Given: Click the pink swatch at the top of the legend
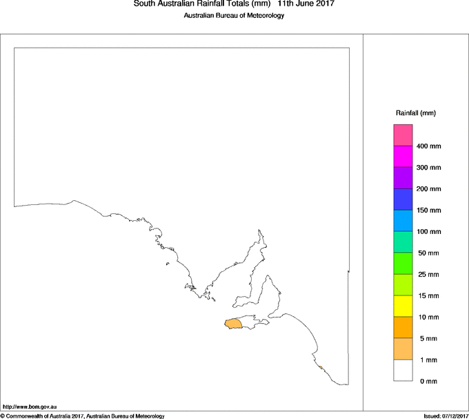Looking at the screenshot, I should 403,135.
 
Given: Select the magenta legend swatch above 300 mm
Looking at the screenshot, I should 403,156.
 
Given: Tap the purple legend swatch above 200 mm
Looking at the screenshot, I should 403,177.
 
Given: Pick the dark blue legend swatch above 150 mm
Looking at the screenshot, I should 403,199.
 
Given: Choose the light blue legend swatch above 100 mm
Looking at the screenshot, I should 403,220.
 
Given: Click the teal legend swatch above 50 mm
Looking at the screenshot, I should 403,242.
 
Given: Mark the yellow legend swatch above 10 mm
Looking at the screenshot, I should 403,306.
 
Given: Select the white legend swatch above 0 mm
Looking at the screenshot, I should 403,370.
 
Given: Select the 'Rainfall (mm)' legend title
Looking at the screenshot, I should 416,113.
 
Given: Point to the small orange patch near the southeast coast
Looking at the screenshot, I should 320,367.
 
